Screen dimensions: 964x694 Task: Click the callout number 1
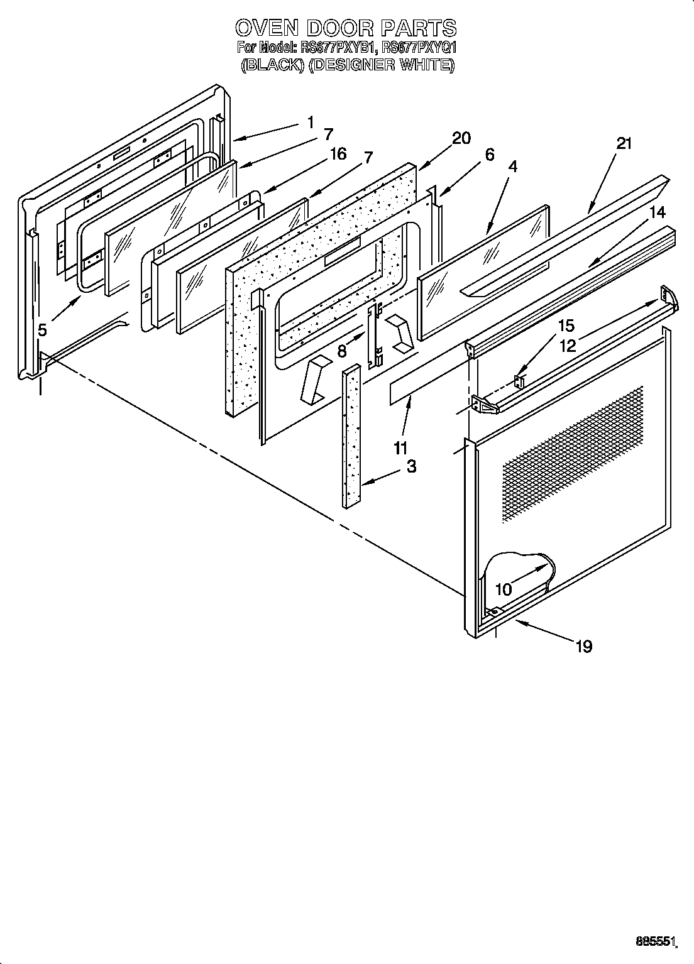(x=311, y=122)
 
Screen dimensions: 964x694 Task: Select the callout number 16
(x=338, y=154)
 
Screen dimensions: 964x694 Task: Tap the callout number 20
(x=461, y=138)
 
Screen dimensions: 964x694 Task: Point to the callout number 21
(x=624, y=143)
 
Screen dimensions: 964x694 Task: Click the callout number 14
(x=656, y=212)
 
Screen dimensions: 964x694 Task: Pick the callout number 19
(x=583, y=646)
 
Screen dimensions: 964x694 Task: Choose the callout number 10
(x=504, y=589)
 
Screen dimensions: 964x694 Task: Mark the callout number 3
(x=410, y=466)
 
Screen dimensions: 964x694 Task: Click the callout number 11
(x=400, y=447)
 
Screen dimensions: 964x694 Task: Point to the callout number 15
(x=566, y=326)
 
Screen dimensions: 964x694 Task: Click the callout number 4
(x=513, y=167)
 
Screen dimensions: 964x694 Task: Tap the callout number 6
(x=489, y=155)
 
